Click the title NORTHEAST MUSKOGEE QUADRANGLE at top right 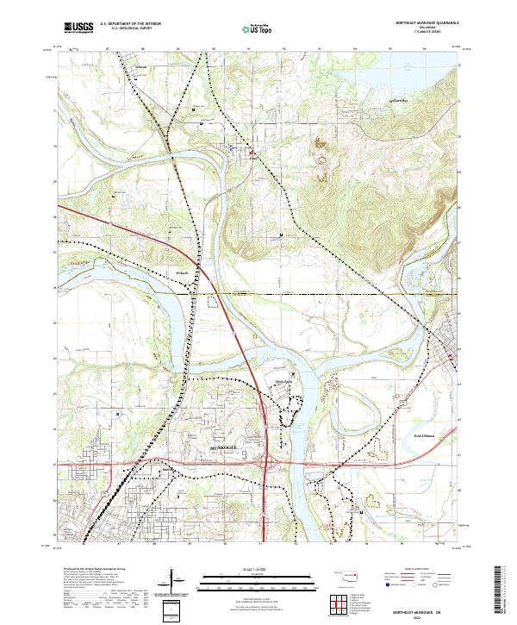[x=428, y=23]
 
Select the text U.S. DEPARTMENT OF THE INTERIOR [x=130, y=24]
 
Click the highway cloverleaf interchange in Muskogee [x=269, y=466]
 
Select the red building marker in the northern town [x=252, y=155]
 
